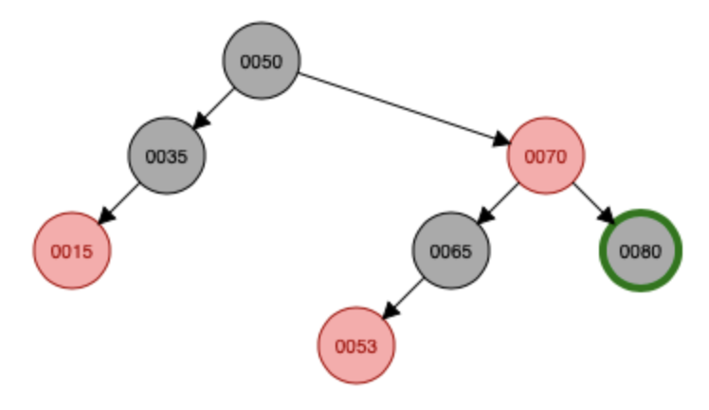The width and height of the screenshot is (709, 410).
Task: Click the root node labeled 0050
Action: tap(261, 62)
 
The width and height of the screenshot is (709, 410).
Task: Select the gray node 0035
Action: tap(166, 156)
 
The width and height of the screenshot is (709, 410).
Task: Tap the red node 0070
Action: tap(545, 156)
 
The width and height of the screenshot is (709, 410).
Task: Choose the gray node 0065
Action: tap(450, 251)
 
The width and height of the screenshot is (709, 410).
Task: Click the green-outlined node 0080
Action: tap(640, 251)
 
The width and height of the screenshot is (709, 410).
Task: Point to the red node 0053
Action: tap(355, 345)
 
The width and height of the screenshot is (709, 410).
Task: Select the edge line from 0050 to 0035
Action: tap(218, 104)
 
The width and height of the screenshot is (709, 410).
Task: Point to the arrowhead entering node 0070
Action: tap(500, 141)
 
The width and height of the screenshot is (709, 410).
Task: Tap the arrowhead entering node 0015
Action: tap(105, 216)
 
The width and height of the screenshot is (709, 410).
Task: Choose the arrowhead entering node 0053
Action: tap(389, 312)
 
